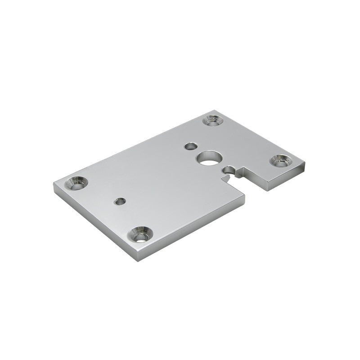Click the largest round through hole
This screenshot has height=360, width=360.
tap(208, 158)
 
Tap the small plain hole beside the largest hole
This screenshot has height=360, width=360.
tap(191, 146)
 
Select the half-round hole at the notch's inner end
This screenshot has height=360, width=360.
tap(229, 170)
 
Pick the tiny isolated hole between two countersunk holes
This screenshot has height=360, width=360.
tap(120, 201)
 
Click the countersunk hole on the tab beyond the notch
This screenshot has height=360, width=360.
tap(282, 161)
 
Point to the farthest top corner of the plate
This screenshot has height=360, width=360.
tap(216, 110)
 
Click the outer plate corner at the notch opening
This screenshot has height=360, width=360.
tap(246, 195)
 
